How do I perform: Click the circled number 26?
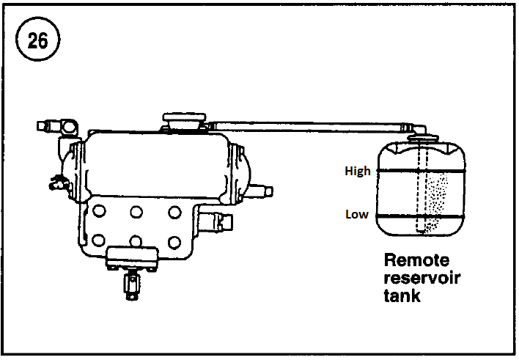[x=37, y=41]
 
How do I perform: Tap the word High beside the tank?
[x=358, y=171]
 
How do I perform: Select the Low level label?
[x=357, y=216]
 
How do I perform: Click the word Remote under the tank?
[x=416, y=261]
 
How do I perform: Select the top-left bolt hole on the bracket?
[x=100, y=211]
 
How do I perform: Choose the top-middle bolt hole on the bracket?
[x=136, y=211]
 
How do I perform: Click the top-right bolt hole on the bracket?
[x=174, y=211]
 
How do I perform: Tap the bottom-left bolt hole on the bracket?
[x=100, y=239]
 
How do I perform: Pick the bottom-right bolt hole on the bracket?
[x=174, y=240]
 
